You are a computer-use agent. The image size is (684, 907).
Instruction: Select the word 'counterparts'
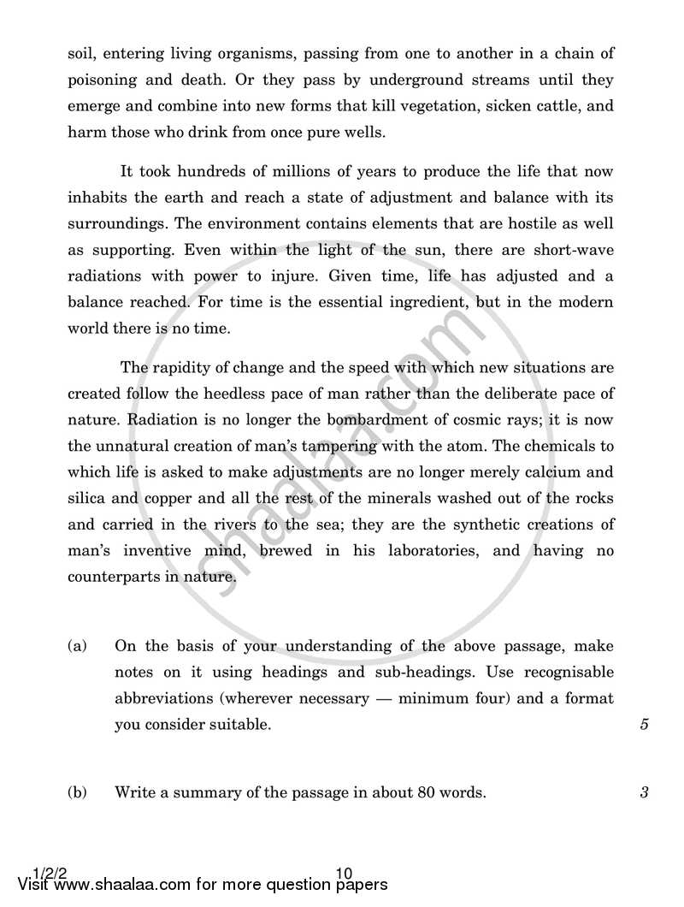pyautogui.click(x=110, y=578)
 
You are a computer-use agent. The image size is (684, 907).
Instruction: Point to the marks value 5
pyautogui.click(x=644, y=724)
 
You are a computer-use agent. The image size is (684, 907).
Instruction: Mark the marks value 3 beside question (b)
pyautogui.click(x=644, y=792)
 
